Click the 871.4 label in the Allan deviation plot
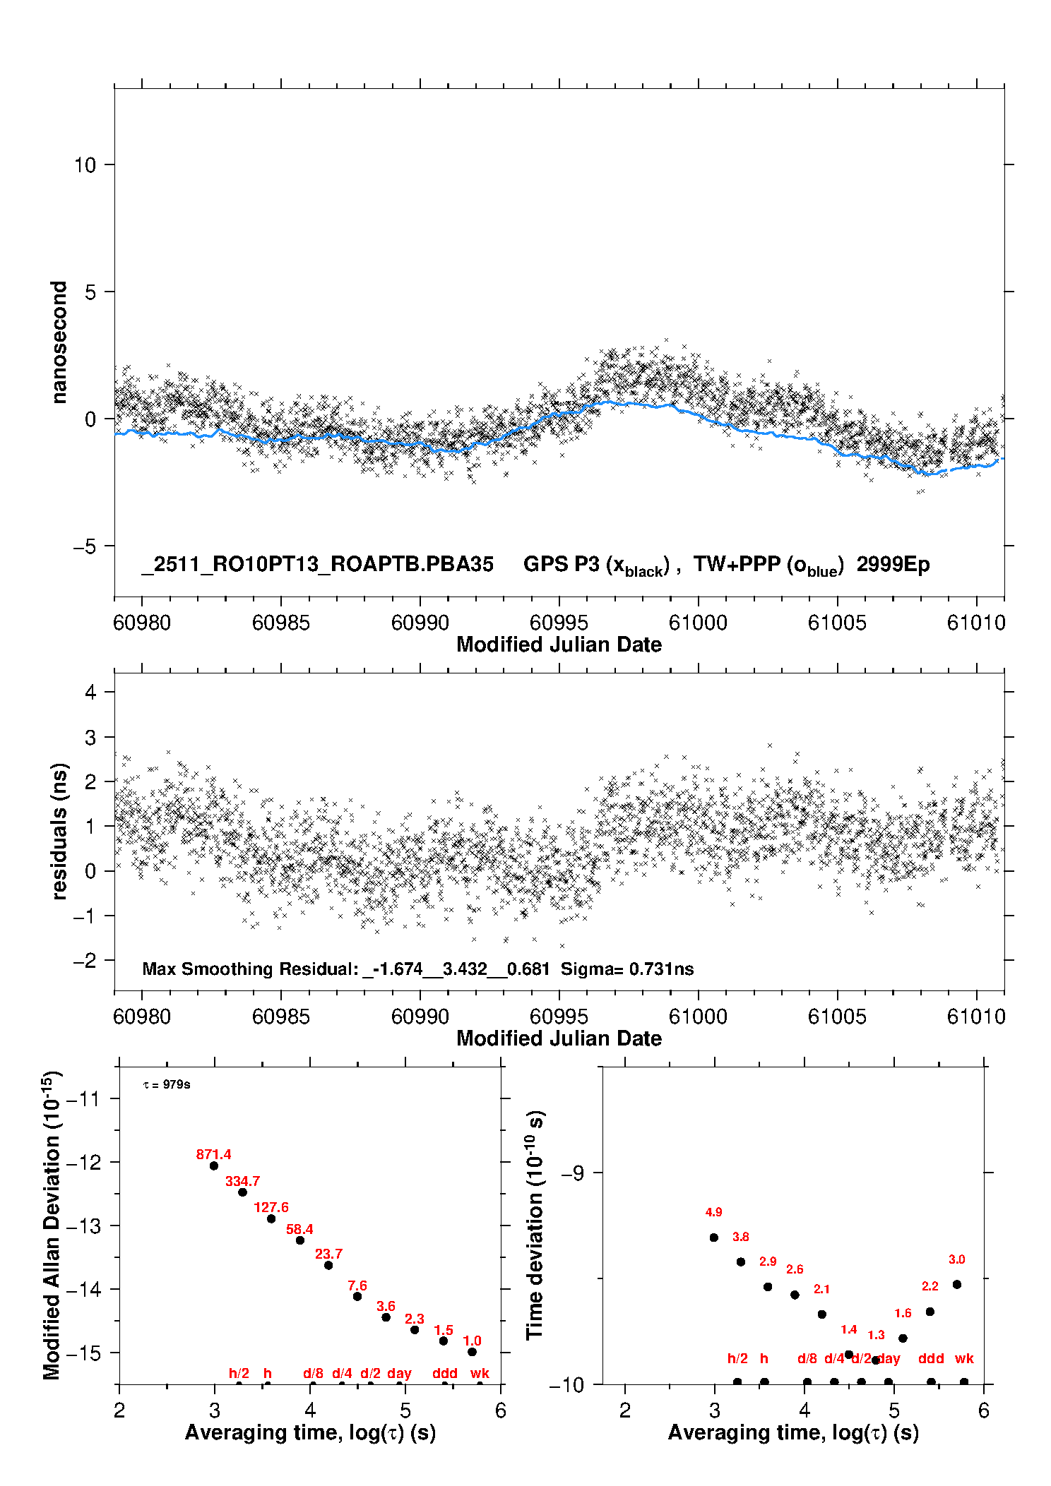[x=213, y=1155]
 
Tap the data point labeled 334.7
[x=242, y=1192]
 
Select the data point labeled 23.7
[x=328, y=1265]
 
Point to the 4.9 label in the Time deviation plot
[x=713, y=1212]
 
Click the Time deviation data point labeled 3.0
[x=957, y=1284]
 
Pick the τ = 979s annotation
[x=167, y=1084]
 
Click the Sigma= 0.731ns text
[x=627, y=969]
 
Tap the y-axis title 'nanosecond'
[x=59, y=342]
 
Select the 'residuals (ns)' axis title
[x=59, y=831]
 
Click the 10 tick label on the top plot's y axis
[x=85, y=165]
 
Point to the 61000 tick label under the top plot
[x=698, y=623]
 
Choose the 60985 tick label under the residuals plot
[x=281, y=1017]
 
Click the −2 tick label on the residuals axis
[x=85, y=960]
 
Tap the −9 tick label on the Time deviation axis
[x=572, y=1173]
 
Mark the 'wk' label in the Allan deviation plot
[x=480, y=1373]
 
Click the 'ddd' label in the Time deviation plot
[x=931, y=1358]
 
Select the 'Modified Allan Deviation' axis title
[x=52, y=1226]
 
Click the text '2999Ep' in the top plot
[x=893, y=565]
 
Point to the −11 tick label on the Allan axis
[x=85, y=1098]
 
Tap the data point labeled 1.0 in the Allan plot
[x=472, y=1352]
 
